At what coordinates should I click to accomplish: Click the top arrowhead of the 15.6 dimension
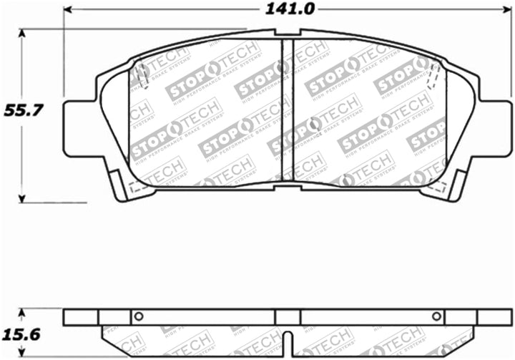(22, 313)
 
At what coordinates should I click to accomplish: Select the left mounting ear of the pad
(77, 129)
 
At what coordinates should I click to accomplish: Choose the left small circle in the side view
(139, 316)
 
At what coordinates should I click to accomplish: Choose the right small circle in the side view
(436, 316)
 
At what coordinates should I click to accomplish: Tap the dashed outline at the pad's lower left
(136, 188)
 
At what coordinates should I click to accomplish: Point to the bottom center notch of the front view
(287, 184)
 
